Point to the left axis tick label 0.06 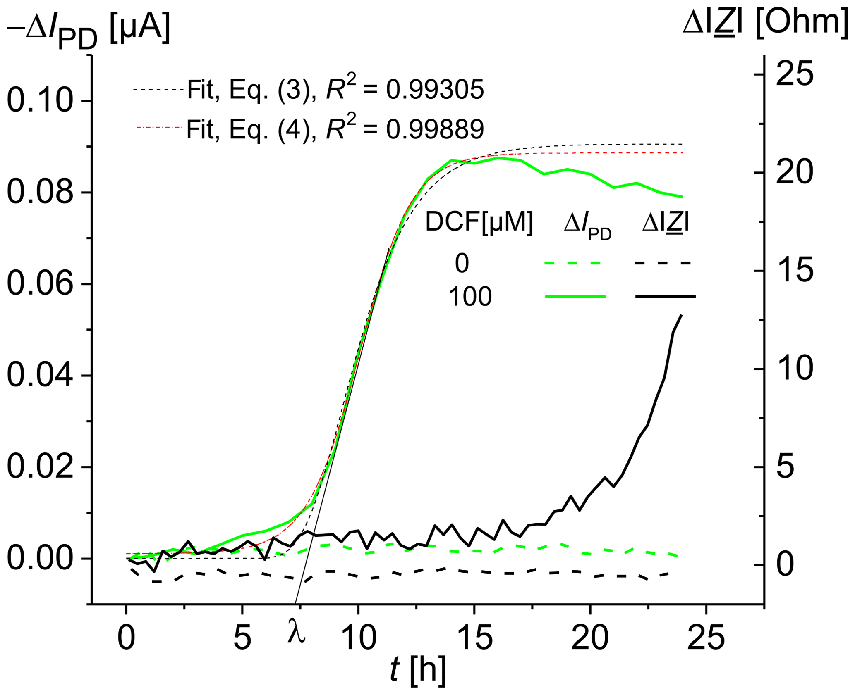[40, 284]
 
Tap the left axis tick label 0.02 [40, 467]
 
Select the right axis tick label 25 [795, 74]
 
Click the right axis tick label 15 [795, 271]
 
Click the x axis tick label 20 [590, 638]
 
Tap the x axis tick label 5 [242, 638]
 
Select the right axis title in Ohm [765, 23]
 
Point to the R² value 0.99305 [435, 89]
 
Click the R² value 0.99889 [435, 129]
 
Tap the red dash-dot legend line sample [159, 128]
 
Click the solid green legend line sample [575, 296]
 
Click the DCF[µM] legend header [479, 223]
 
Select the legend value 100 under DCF [470, 297]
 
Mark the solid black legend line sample [665, 296]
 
